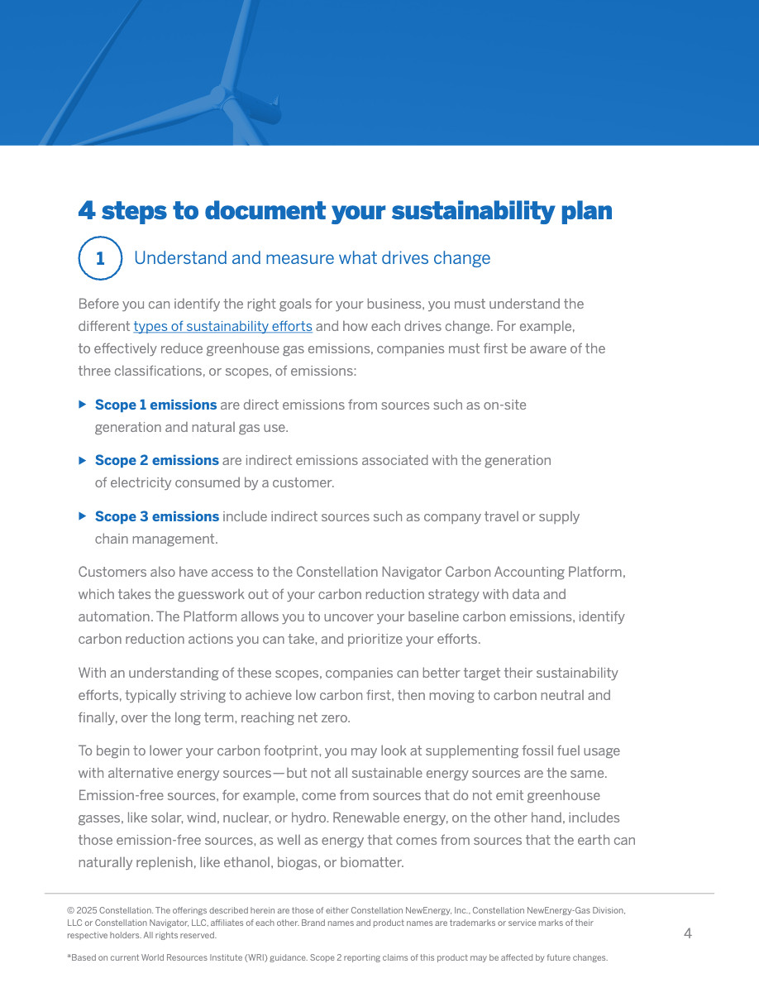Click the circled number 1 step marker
[x=100, y=258]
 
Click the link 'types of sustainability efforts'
[x=222, y=326]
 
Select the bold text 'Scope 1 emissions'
[x=155, y=405]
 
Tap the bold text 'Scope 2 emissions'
[x=156, y=460]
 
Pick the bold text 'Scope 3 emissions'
[x=156, y=516]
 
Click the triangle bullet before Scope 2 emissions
[x=82, y=460]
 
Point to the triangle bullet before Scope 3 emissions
[x=82, y=515]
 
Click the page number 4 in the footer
[x=688, y=934]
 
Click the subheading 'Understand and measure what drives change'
[x=312, y=258]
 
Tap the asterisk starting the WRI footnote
[x=69, y=957]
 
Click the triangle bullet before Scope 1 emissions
[x=82, y=405]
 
